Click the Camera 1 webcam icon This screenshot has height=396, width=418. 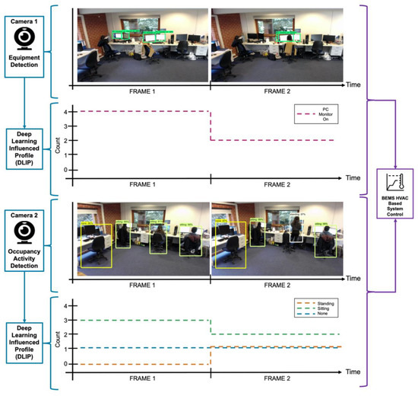pyautogui.click(x=25, y=38)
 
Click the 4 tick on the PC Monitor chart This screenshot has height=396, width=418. pyautogui.click(x=66, y=112)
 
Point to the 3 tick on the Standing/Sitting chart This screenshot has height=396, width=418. pyautogui.click(x=66, y=321)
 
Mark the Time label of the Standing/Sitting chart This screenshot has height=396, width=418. pyautogui.click(x=352, y=372)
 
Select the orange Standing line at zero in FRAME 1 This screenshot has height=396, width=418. pyautogui.click(x=141, y=363)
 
